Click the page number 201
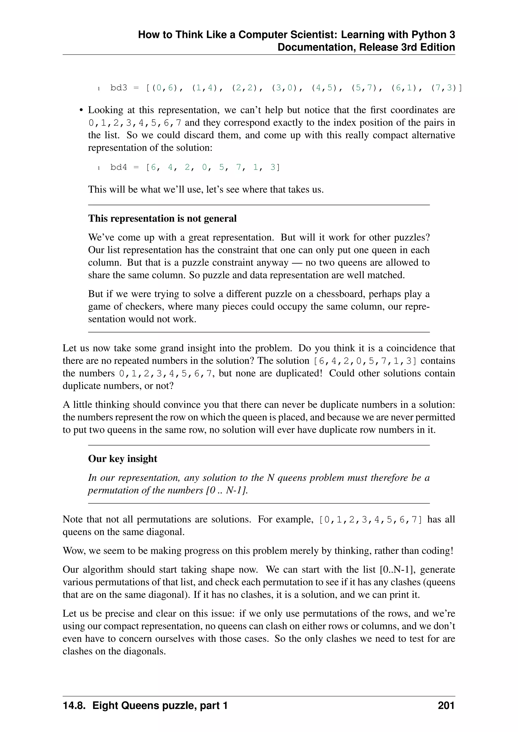[x=446, y=705]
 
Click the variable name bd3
[x=119, y=88]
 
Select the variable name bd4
[x=119, y=167]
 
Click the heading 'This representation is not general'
[x=162, y=218]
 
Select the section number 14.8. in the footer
[x=74, y=705]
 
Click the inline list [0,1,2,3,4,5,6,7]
[x=371, y=519]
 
